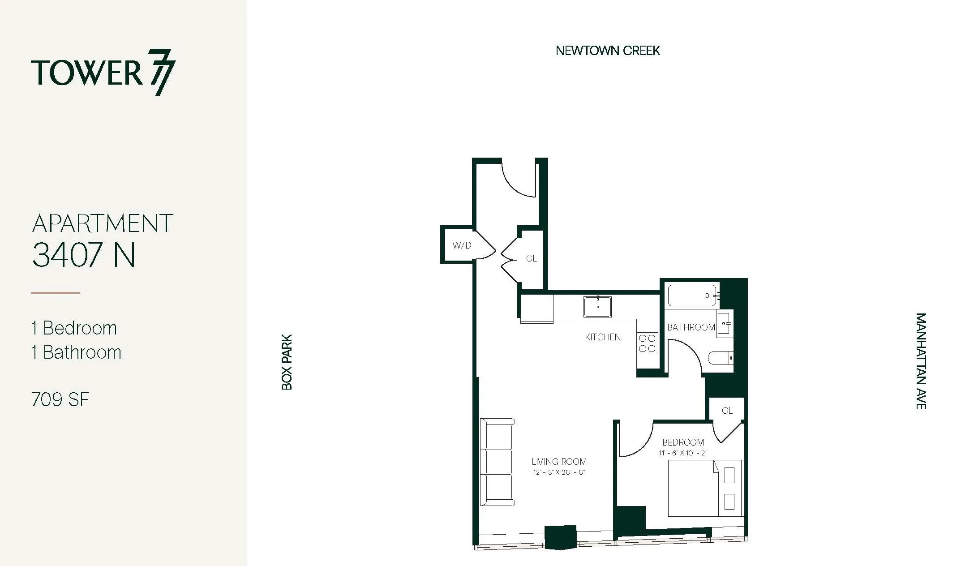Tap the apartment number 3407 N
(x=84, y=255)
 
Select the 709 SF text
(x=60, y=399)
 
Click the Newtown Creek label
(x=608, y=51)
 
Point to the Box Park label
(x=287, y=362)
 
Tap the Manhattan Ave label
(x=921, y=361)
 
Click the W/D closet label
(x=462, y=245)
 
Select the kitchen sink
(x=597, y=307)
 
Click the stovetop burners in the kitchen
(x=647, y=343)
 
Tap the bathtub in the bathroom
(x=692, y=296)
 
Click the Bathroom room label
(x=691, y=327)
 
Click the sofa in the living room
(x=497, y=462)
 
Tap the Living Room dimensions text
(x=559, y=472)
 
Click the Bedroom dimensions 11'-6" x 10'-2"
(x=683, y=453)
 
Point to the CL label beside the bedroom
(x=727, y=411)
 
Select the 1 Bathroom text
(x=76, y=352)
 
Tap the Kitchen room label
(x=603, y=337)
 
